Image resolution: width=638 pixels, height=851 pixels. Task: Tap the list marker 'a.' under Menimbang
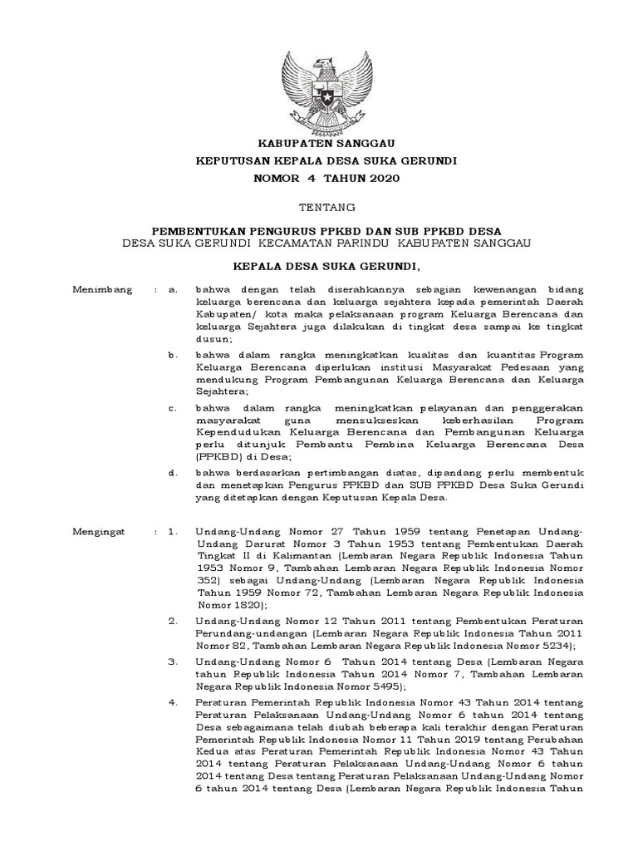(x=172, y=289)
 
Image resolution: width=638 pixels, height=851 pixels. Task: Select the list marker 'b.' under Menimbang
(x=172, y=354)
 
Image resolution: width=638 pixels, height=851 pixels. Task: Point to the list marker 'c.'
(x=172, y=407)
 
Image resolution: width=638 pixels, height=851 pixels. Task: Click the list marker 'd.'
(x=172, y=472)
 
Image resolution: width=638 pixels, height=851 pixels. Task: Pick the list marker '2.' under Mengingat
(x=172, y=620)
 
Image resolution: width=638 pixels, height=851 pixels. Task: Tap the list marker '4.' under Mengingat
(x=172, y=701)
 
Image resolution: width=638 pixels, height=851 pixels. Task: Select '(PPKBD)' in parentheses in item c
(x=222, y=457)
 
